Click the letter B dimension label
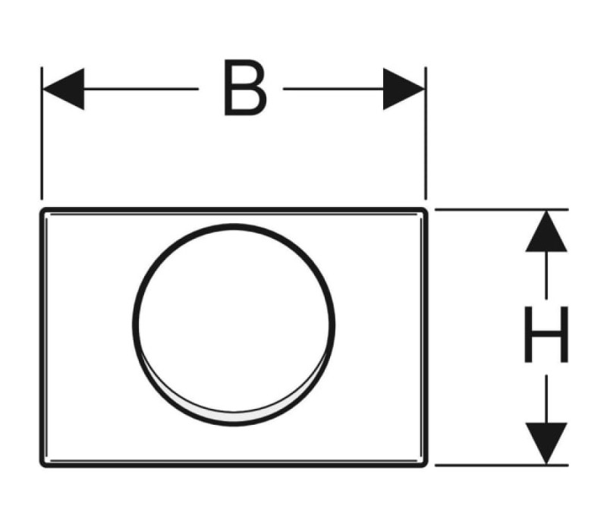245,87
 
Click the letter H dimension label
546,335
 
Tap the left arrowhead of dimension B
63,89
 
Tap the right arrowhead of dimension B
404,89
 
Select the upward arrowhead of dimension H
546,231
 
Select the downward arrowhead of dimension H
546,443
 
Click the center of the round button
234,325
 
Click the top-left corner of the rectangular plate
41,209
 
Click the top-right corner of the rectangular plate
426,209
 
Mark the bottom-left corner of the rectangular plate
41,466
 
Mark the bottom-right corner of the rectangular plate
426,466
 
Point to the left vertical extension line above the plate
42,134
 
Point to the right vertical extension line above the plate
426,134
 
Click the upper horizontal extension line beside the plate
502,209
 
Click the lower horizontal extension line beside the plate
502,465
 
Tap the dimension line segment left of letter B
141,89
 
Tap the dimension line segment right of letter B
333,89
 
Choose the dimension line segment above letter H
546,275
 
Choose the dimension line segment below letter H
546,399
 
